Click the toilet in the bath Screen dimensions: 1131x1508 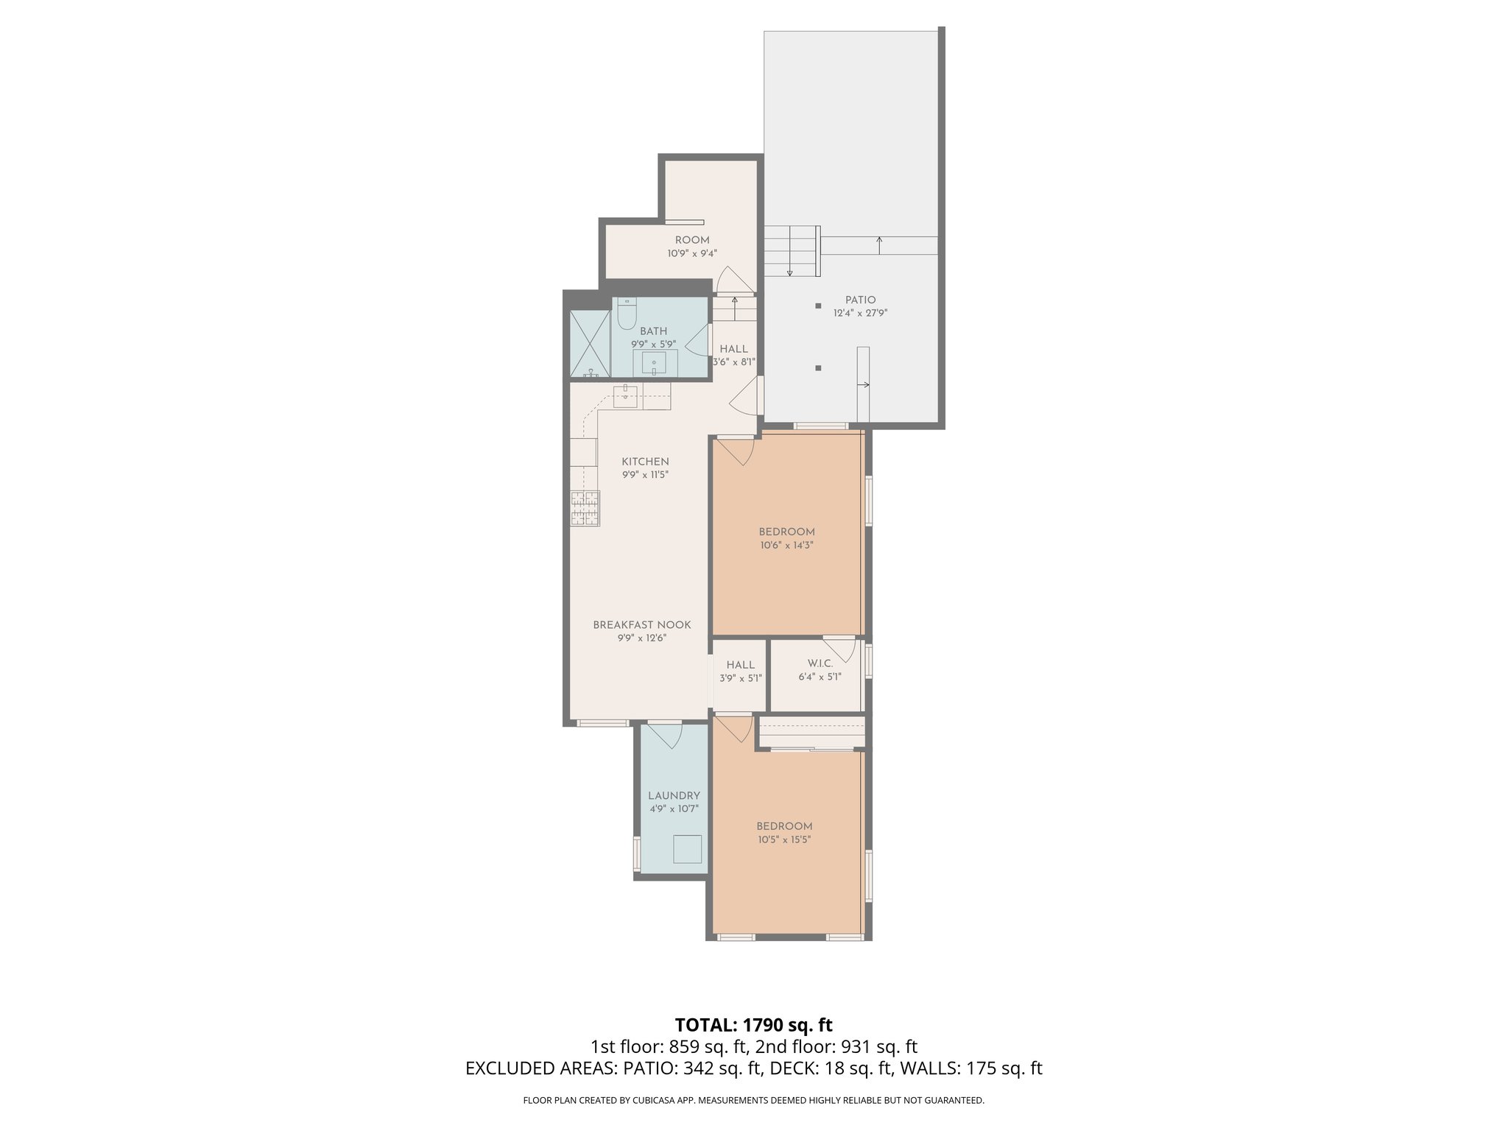[x=627, y=315]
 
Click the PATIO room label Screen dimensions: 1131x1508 [x=860, y=300]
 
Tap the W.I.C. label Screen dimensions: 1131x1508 [x=820, y=664]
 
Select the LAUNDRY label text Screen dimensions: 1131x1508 [x=674, y=796]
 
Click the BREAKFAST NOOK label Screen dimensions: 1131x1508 [x=642, y=625]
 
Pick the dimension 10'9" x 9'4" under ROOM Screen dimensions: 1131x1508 [x=692, y=253]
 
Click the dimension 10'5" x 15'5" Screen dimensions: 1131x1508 [x=784, y=839]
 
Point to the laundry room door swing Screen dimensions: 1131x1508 [x=668, y=736]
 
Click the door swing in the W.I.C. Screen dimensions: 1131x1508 [x=840, y=647]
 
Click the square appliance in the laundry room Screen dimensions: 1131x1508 [x=688, y=849]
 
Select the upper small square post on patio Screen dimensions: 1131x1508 [x=818, y=306]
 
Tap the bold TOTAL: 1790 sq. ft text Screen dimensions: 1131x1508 [x=753, y=1025]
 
